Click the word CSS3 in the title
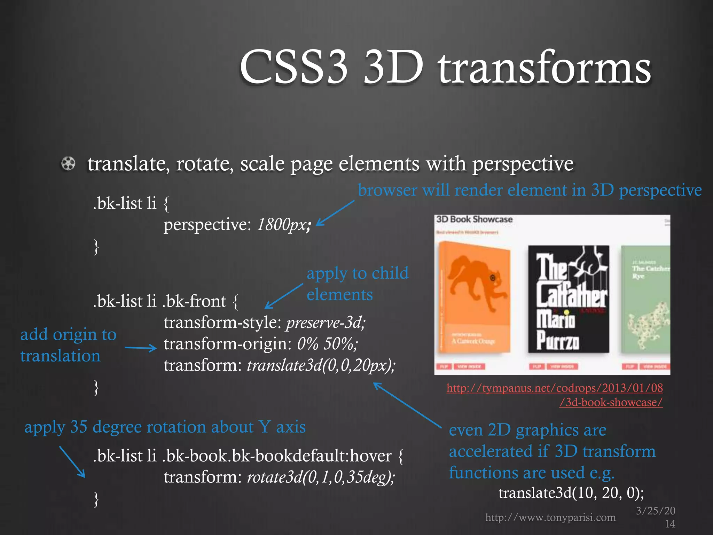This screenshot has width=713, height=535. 293,67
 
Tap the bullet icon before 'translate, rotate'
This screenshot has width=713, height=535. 68,163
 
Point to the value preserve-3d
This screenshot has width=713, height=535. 326,323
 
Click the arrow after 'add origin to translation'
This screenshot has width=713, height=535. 141,348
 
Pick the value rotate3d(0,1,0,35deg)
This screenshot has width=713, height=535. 321,477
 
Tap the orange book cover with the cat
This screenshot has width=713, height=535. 475,298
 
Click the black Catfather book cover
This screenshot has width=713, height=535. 568,299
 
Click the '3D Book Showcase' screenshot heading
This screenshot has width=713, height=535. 474,219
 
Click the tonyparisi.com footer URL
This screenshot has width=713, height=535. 550,518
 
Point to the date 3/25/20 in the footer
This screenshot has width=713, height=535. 656,511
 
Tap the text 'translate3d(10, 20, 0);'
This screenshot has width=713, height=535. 571,493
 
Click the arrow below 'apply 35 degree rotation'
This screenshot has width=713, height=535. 72,462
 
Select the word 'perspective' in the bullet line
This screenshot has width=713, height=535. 523,164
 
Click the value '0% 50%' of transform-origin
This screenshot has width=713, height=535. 327,344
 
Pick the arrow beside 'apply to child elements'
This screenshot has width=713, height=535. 284,296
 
